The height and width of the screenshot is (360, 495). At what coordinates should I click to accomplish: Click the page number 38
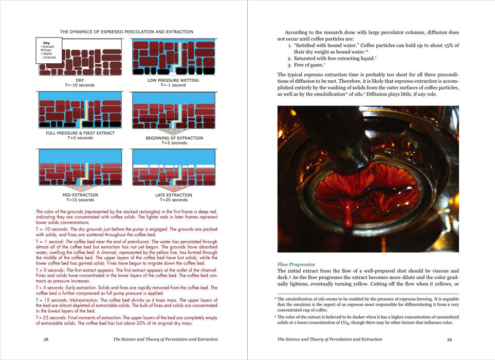(x=46, y=339)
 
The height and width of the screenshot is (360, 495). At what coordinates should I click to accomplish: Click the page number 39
(x=449, y=339)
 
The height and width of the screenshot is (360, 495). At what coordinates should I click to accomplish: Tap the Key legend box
(x=46, y=50)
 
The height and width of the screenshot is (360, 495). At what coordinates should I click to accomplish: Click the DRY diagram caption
(x=80, y=80)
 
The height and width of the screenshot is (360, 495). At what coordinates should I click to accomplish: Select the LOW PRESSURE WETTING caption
(x=173, y=80)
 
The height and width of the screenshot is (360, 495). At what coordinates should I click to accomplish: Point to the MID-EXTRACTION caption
(x=80, y=195)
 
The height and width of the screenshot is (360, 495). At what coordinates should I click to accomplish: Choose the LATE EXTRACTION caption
(x=173, y=195)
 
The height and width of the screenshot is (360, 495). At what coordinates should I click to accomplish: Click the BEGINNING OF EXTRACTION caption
(x=174, y=138)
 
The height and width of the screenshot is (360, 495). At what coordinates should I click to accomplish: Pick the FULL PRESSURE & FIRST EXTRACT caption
(x=80, y=133)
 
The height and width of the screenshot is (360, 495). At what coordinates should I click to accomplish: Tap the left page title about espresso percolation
(x=126, y=32)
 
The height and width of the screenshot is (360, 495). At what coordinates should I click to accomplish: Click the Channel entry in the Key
(x=49, y=58)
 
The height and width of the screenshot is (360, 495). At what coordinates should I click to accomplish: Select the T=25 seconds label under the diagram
(x=173, y=200)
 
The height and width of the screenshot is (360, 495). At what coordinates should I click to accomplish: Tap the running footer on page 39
(x=329, y=339)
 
